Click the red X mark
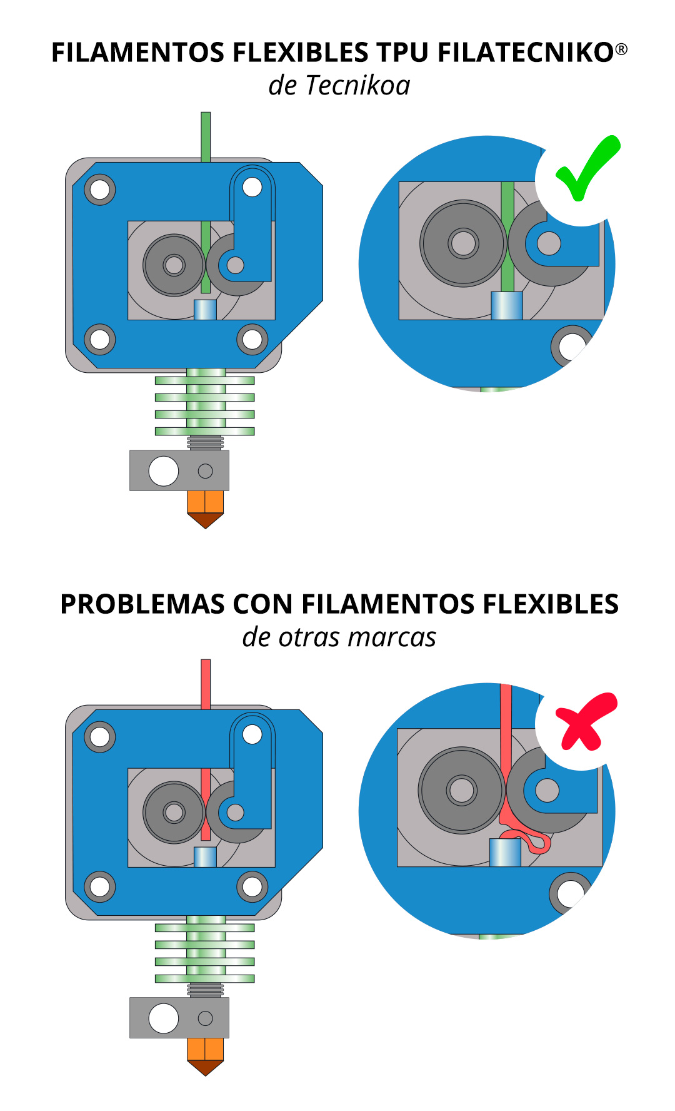(585, 721)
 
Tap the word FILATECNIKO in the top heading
(526, 53)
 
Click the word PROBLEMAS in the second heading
(142, 604)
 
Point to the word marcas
(392, 638)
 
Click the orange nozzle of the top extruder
(206, 509)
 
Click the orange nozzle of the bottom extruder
(206, 1057)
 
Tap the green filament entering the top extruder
(206, 137)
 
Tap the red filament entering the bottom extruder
(206, 684)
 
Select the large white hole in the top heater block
(164, 471)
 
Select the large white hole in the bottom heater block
(164, 1018)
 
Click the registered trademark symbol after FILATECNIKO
(621, 49)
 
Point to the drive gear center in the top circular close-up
(463, 243)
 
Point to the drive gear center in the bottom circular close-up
(462, 790)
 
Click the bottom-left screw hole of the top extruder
(100, 339)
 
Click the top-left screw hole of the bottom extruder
(100, 736)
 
